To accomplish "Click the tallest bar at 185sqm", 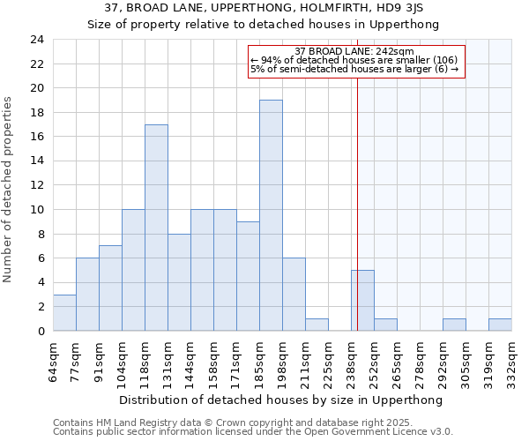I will pos(271,215).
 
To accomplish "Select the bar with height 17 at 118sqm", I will pos(156,228).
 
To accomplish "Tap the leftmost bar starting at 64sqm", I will pos(64,312).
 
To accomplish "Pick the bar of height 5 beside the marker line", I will pos(362,300).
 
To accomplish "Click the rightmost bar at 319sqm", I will pos(500,325).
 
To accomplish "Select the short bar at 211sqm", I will pos(317,325).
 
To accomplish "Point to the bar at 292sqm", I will pos(454,325).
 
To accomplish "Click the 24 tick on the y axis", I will pos(36,40).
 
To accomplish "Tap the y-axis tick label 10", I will pos(36,210).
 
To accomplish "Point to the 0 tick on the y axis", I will pos(40,332).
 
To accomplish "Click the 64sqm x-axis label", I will pos(54,356).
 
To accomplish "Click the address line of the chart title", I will pos(263,8).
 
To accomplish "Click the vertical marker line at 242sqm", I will pos(358,176).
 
